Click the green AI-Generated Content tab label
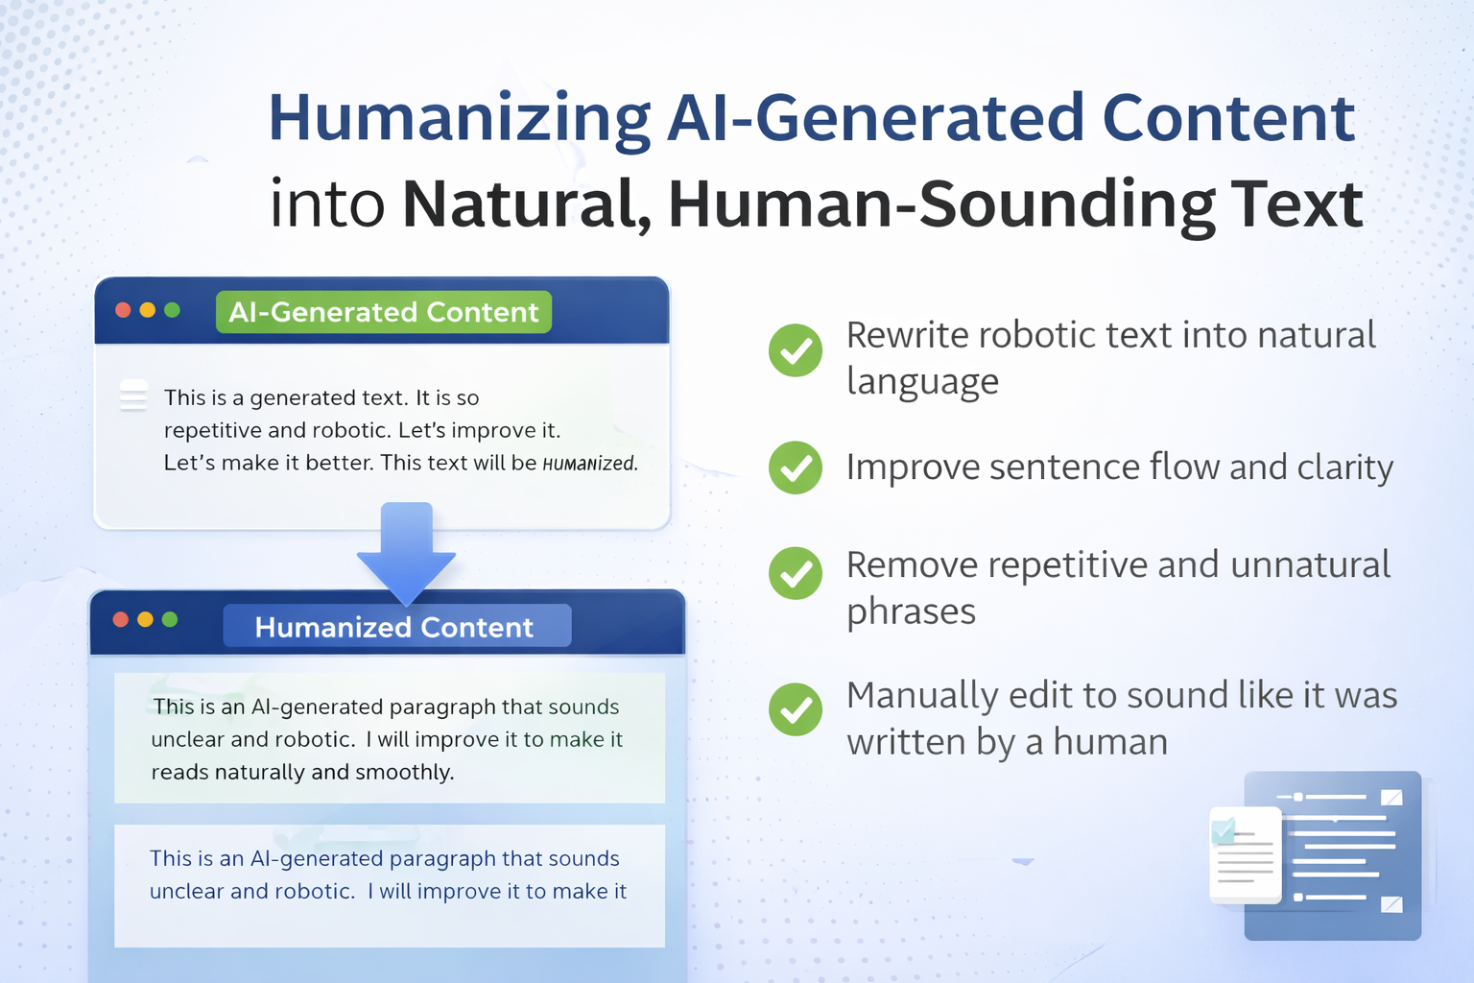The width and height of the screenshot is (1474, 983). [384, 311]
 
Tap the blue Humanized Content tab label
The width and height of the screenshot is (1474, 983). [396, 626]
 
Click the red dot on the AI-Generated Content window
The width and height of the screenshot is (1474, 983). [123, 310]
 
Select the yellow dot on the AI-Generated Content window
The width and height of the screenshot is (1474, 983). [148, 310]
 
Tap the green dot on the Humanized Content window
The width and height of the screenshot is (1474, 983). [170, 619]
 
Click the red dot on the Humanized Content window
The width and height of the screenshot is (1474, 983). [120, 619]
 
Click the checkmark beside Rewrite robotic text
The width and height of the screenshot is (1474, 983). [796, 350]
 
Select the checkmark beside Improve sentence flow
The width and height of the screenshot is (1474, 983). [796, 468]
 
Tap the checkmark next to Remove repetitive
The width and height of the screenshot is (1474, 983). [796, 573]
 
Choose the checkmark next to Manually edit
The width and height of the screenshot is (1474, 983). [796, 709]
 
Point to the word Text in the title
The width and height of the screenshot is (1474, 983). [1296, 204]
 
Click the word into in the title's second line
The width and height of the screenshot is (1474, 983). [327, 204]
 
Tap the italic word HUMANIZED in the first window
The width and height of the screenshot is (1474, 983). [589, 464]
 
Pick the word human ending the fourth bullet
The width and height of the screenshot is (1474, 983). [1110, 742]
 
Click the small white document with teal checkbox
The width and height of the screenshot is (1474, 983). [1246, 854]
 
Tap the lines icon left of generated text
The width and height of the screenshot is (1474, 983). [133, 396]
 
